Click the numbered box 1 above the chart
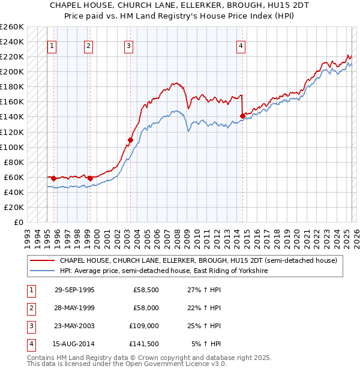click(x=52, y=46)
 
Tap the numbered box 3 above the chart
click(x=128, y=46)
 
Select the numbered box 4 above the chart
click(x=241, y=46)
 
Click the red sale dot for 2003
click(x=130, y=140)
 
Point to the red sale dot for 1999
click(x=90, y=178)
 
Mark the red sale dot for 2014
click(x=242, y=116)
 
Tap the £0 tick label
click(x=18, y=222)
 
